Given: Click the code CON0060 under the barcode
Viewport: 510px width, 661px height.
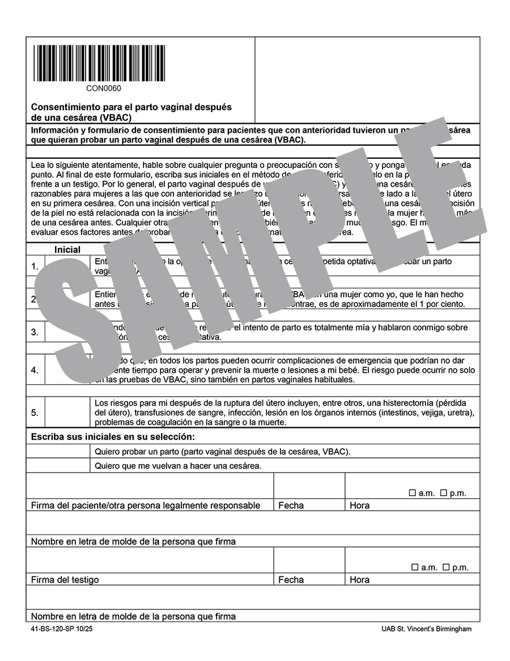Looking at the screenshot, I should [x=104, y=88].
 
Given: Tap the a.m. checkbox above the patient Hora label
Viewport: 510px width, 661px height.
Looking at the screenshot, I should [x=413, y=493].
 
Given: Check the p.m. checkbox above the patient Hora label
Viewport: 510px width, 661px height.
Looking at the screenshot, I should [x=444, y=493].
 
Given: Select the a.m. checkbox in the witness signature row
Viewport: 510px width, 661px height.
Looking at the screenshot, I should [x=415, y=567].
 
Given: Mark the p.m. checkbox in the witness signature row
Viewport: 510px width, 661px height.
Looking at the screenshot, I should [x=446, y=567].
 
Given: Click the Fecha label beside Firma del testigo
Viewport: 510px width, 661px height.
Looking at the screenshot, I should [x=291, y=580].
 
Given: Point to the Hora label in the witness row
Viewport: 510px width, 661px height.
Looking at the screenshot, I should [x=359, y=580].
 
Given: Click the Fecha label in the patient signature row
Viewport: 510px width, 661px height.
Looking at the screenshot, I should [x=291, y=506].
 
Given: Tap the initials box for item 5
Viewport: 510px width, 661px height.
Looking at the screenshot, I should [x=67, y=412].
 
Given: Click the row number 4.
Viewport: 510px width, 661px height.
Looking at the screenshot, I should [x=35, y=370].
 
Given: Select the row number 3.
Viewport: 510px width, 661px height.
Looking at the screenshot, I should [x=35, y=332].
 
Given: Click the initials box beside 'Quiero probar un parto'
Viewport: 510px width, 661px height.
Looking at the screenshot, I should [x=58, y=452].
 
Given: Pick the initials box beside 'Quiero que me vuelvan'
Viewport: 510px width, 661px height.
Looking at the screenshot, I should [x=58, y=466].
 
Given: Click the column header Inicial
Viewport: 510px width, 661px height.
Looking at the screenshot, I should [x=67, y=250].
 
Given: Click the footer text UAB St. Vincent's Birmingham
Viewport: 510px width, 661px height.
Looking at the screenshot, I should [x=426, y=629].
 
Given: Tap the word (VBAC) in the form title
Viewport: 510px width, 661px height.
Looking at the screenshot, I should [x=115, y=117].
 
